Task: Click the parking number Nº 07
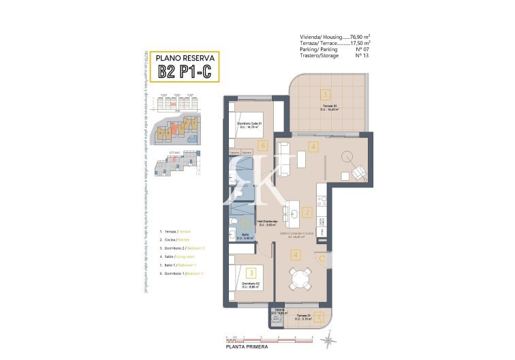point(364,48)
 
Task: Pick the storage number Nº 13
point(364,55)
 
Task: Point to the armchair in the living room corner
point(359,175)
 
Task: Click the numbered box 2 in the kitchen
point(307,213)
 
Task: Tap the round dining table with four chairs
point(299,277)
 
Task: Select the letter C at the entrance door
point(319,257)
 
